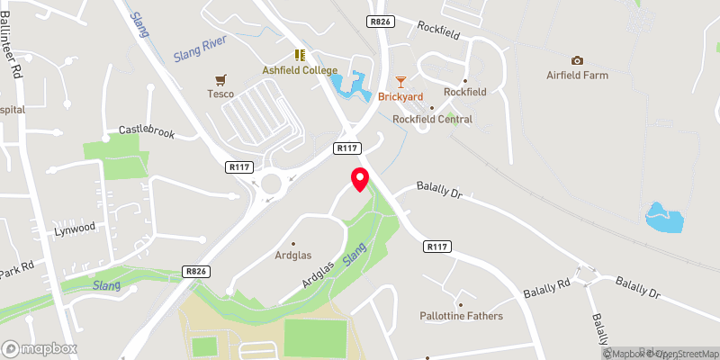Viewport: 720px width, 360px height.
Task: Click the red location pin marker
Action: coord(360,179)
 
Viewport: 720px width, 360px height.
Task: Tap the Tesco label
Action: coord(220,94)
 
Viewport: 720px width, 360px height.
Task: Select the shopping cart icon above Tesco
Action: coord(218,78)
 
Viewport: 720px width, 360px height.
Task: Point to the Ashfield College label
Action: coord(300,70)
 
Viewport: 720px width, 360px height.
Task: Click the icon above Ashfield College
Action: coord(300,55)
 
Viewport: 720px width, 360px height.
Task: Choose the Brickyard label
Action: coord(400,95)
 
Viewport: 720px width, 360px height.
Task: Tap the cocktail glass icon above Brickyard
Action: coord(401,81)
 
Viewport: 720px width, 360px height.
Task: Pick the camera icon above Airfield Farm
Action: coord(577,60)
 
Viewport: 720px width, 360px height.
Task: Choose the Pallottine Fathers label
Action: coord(461,316)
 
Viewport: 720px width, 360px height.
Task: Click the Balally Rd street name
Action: coord(547,289)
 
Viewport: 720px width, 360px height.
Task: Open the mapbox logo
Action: coord(39,348)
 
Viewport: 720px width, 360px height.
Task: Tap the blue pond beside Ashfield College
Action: coord(349,86)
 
